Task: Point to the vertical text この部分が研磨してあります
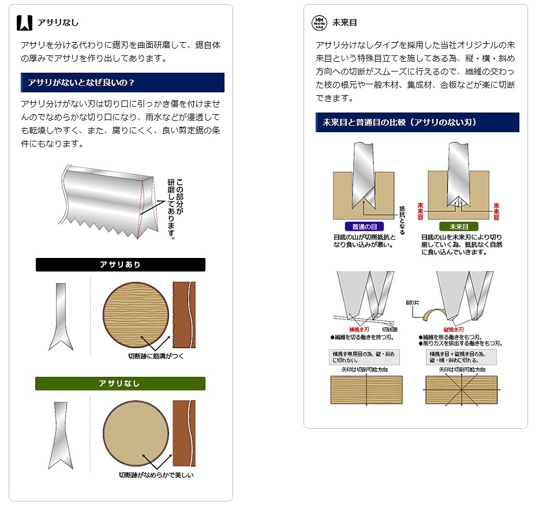coord(175,208)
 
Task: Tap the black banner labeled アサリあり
coord(120,265)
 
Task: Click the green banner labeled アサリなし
coord(120,384)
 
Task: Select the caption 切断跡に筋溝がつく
coord(156,356)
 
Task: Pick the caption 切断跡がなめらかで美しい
coord(156,475)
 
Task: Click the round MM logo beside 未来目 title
coord(319,23)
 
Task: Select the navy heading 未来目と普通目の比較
coord(417,122)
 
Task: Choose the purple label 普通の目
coord(364,227)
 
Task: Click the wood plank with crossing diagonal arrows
coord(461,390)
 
